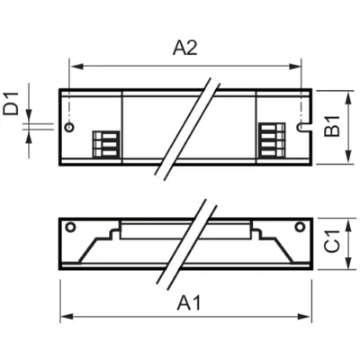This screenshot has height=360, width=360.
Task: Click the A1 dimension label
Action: [x=188, y=302]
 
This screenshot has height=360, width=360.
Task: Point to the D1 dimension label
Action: [x=12, y=108]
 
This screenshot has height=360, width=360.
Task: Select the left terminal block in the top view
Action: [x=105, y=144]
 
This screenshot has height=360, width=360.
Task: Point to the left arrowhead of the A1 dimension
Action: [x=64, y=317]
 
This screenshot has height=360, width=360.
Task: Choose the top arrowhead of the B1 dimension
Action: [x=347, y=94]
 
